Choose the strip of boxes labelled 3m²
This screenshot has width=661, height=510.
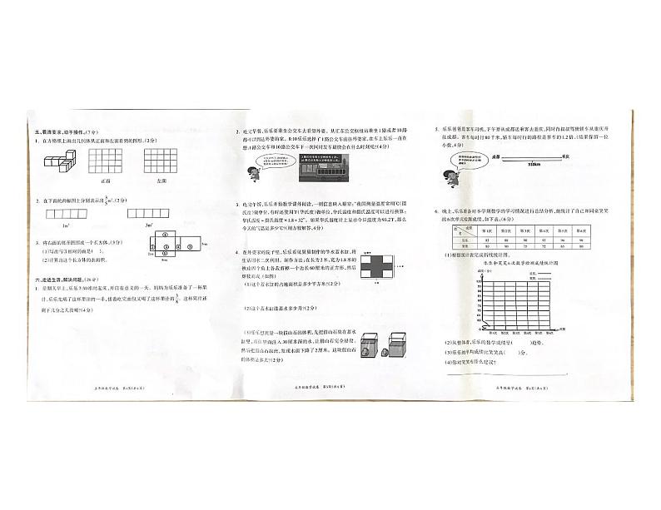pyautogui.click(x=147, y=214)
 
